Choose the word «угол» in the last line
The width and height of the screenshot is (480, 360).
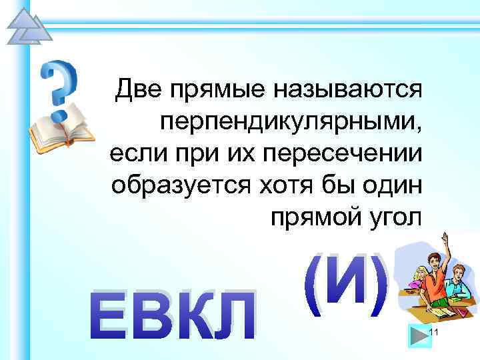click(x=393, y=217)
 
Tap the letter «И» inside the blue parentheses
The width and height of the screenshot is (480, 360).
click(x=346, y=285)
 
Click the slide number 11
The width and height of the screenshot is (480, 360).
click(x=433, y=333)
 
